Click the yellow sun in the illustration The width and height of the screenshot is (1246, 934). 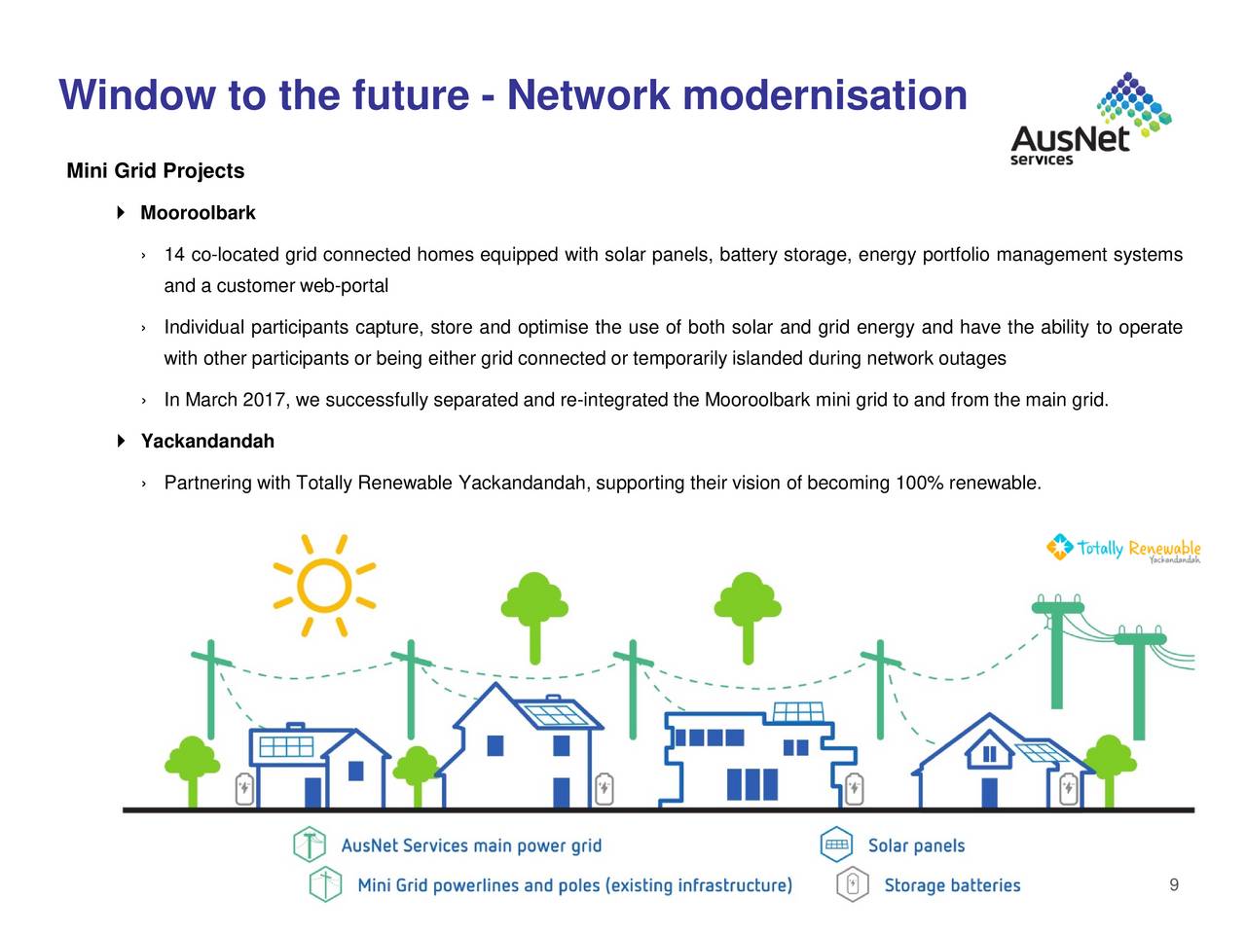[324, 586]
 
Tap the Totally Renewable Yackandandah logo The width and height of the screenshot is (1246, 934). [1123, 549]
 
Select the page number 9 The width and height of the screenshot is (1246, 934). [1174, 884]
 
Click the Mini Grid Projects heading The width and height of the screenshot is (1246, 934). [155, 171]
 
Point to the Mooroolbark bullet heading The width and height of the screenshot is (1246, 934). [198, 213]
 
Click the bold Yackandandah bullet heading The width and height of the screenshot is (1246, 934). [207, 442]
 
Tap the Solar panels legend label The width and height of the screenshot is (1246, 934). [916, 845]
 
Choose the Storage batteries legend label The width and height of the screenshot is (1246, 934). [952, 885]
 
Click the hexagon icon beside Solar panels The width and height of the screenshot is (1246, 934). [836, 844]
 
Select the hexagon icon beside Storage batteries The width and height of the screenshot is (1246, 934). [852, 884]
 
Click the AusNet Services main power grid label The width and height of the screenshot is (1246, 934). [471, 845]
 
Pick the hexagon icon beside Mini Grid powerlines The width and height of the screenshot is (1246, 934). [325, 884]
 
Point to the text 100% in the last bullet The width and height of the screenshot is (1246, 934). [919, 484]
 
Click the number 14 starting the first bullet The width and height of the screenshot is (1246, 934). [174, 256]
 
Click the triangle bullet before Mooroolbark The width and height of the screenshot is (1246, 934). [122, 213]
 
